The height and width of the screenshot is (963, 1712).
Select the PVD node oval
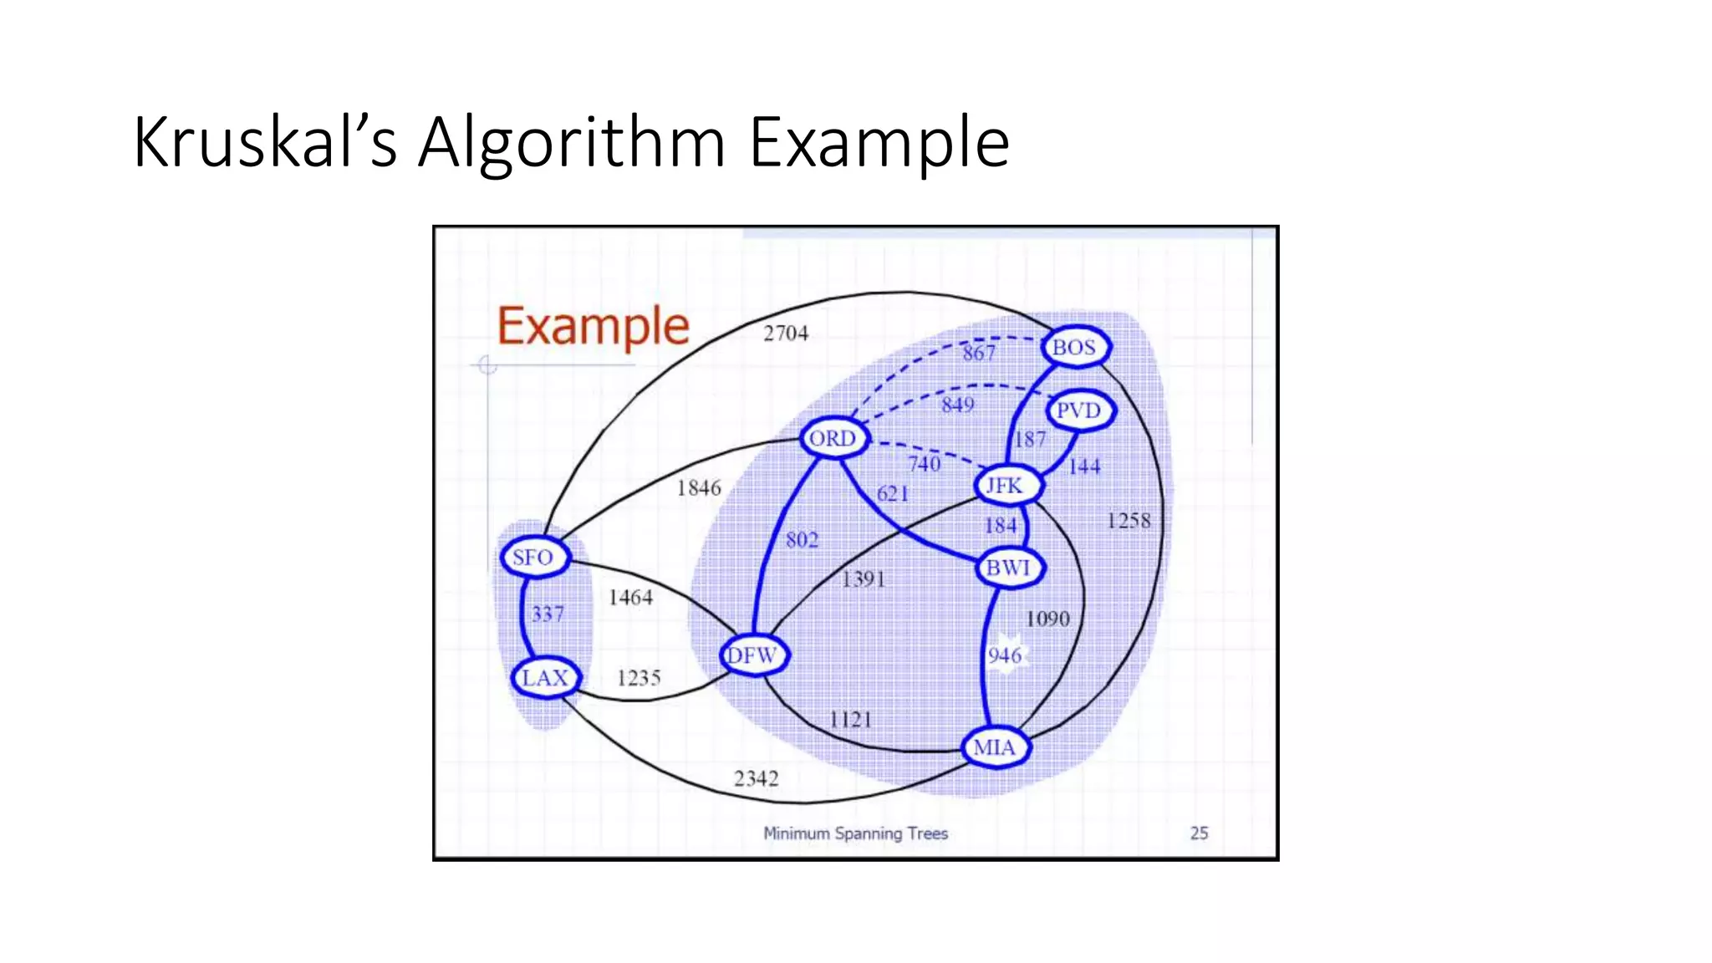tap(1079, 410)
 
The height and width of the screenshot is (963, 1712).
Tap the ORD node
tap(833, 438)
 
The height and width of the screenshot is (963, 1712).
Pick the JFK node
tap(1006, 486)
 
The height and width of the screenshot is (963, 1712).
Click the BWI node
tap(1009, 568)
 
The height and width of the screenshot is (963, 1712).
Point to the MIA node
tap(995, 747)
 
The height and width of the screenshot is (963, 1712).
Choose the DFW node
tap(753, 655)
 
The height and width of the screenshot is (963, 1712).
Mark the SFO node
tap(534, 557)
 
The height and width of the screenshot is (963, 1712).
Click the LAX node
tap(545, 677)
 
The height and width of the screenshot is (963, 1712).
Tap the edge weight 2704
tap(786, 334)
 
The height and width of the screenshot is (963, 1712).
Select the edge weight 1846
tap(699, 488)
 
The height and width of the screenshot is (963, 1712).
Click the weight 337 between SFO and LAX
tap(548, 614)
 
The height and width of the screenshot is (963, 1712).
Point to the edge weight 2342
tap(757, 779)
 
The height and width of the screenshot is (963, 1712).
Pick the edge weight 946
tap(1005, 655)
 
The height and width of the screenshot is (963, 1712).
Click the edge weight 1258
tap(1129, 521)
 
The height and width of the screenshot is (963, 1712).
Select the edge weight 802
tap(802, 540)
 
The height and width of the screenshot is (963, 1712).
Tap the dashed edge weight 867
tap(979, 353)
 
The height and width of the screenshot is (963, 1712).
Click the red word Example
tap(594, 327)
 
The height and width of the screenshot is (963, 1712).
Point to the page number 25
tap(1199, 833)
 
